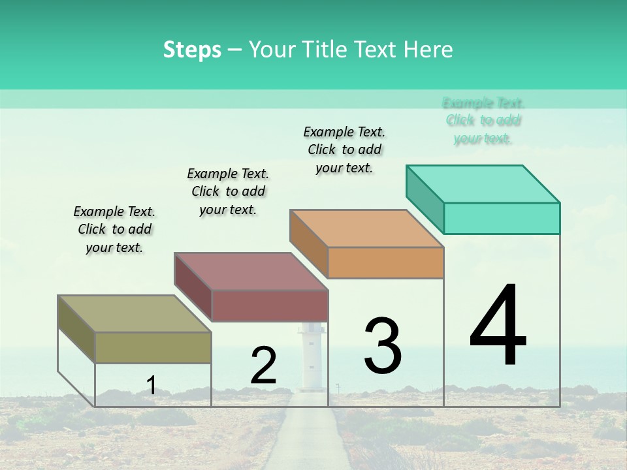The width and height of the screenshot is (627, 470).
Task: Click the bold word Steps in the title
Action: (x=192, y=50)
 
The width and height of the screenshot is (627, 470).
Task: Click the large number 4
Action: (x=498, y=326)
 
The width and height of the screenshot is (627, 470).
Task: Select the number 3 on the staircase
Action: (x=383, y=345)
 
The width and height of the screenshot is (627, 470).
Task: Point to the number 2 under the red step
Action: (x=263, y=366)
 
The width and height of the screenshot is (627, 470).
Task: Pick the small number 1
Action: (x=151, y=386)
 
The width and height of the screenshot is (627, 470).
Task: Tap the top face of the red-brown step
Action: (x=251, y=272)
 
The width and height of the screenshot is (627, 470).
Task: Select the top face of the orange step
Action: (x=367, y=228)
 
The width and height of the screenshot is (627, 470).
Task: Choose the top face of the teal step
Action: (x=483, y=184)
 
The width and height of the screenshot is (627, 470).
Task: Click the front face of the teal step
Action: (x=502, y=218)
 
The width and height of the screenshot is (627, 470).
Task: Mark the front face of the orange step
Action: (x=385, y=262)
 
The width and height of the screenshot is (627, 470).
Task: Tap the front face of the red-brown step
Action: (x=270, y=305)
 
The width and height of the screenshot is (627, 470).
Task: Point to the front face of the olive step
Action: (x=153, y=347)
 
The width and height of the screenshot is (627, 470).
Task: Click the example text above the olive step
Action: (x=114, y=229)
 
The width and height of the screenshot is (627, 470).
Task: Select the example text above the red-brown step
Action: (x=228, y=191)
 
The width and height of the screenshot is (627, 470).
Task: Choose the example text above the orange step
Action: (x=344, y=149)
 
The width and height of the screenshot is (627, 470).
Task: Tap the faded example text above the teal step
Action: (x=483, y=121)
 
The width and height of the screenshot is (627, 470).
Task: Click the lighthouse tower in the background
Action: (x=310, y=356)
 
